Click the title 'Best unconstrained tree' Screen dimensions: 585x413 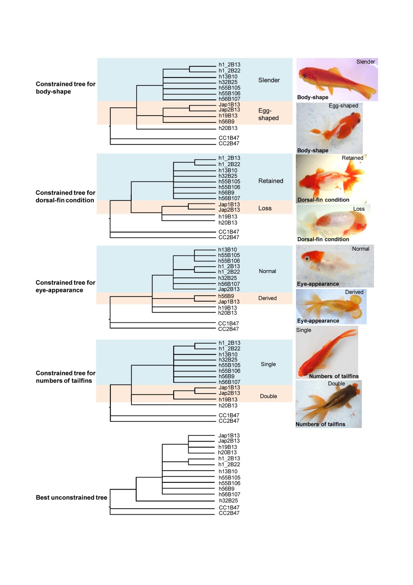click(x=71, y=497)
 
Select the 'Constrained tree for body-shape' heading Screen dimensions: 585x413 click(x=65, y=88)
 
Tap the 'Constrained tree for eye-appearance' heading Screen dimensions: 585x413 click(x=65, y=286)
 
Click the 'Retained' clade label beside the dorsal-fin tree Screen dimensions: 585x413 click(x=270, y=181)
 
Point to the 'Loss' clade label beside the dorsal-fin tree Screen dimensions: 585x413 click(x=265, y=208)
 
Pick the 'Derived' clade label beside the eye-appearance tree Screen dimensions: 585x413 click(x=267, y=298)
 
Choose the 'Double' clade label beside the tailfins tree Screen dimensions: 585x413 click(x=268, y=396)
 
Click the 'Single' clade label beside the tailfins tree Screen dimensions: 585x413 click(x=268, y=364)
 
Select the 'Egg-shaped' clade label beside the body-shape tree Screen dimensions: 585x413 click(x=268, y=114)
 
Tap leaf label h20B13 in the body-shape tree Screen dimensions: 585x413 click(x=228, y=128)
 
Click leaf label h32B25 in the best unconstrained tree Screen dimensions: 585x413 click(x=228, y=501)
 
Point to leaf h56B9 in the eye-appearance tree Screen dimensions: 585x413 click(x=226, y=296)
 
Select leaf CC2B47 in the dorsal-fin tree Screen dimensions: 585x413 click(x=228, y=237)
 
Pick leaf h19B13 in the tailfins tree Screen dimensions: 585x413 click(x=228, y=399)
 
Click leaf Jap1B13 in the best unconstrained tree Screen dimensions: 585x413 click(x=229, y=435)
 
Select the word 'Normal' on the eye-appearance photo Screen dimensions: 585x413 click(x=360, y=249)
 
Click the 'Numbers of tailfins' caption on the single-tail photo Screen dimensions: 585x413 click(x=334, y=376)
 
